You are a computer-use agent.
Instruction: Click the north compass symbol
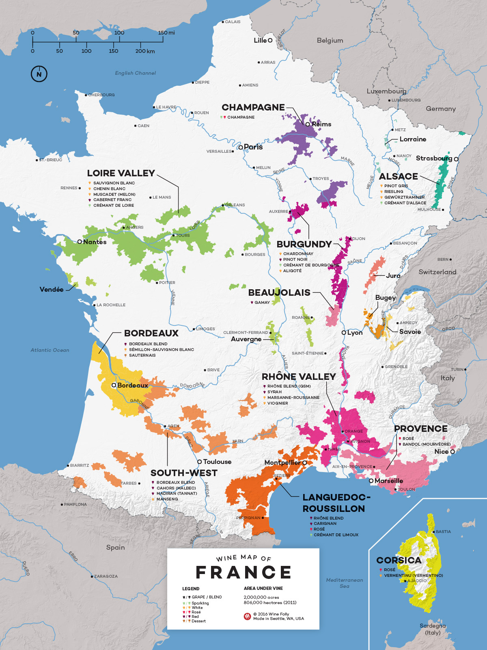[x=39, y=74]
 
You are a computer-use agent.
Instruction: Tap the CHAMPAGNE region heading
[x=253, y=107]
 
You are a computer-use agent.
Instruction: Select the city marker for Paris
[x=241, y=147]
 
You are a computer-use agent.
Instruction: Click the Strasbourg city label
[x=433, y=158]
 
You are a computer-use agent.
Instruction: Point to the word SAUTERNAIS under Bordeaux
[x=142, y=355]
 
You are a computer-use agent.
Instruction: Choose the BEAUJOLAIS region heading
[x=279, y=292]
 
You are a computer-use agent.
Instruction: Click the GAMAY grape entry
[x=262, y=303]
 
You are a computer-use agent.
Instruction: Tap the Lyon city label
[x=355, y=333]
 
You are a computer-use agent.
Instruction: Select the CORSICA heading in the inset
[x=399, y=560]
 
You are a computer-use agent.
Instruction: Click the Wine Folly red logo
[x=247, y=616]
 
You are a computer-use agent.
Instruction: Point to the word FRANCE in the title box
[x=243, y=572]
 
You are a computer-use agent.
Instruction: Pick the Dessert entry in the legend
[x=198, y=621]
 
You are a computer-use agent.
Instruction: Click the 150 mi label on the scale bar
[x=166, y=32]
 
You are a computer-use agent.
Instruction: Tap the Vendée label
[x=52, y=290]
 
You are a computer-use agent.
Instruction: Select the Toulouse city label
[x=217, y=462]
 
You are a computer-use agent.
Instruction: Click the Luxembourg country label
[x=386, y=91]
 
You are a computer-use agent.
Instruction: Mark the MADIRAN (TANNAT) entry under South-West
[x=177, y=494]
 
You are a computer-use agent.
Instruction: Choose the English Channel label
[x=135, y=73]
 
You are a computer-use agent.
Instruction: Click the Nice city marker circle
[x=453, y=451]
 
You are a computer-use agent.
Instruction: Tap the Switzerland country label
[x=437, y=272]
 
